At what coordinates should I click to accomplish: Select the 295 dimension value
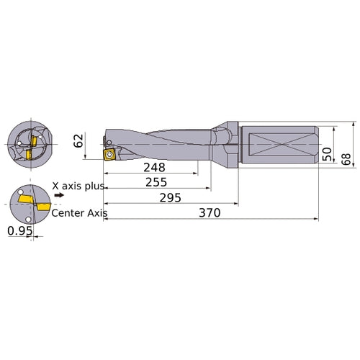[x=170, y=197]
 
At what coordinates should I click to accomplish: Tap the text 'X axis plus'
[x=79, y=186]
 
